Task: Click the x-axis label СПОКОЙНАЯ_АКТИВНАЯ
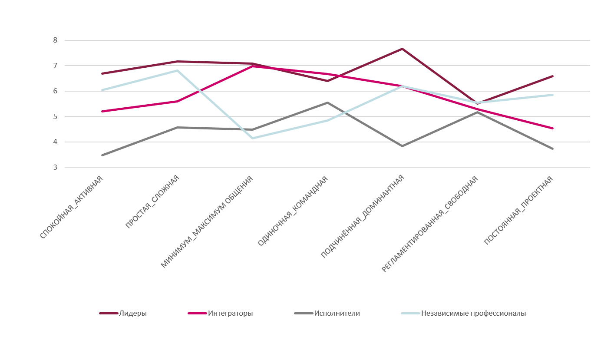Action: [72, 207]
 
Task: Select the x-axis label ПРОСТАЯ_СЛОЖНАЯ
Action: [152, 202]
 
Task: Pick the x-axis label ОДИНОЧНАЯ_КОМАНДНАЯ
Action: [293, 211]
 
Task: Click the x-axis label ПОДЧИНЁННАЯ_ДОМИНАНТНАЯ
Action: [363, 216]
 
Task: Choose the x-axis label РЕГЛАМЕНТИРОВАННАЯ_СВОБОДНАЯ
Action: [430, 224]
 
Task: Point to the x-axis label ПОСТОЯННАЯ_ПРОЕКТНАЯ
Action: [518, 211]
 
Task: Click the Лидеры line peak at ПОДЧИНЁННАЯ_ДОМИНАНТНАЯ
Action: [403, 49]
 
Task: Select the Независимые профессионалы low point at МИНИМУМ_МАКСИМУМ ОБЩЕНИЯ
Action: [252, 138]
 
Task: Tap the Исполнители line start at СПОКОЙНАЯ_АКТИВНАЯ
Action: [102, 155]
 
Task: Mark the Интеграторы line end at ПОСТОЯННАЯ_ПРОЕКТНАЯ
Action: [552, 128]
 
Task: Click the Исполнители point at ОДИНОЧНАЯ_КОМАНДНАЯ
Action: [327, 102]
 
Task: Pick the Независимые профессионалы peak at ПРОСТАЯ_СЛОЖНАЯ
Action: [177, 70]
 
